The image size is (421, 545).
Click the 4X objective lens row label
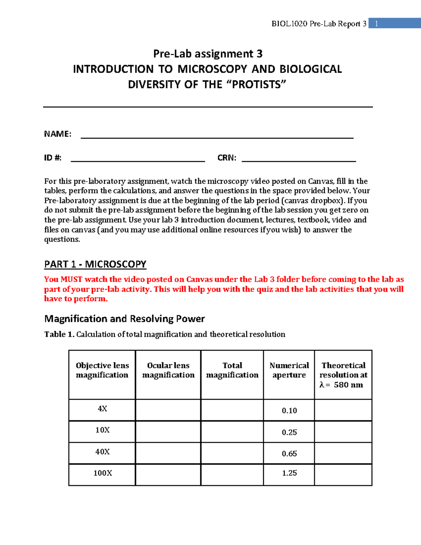tap(102, 408)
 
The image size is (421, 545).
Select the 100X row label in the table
tap(102, 473)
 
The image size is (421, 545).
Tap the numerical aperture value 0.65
tap(289, 453)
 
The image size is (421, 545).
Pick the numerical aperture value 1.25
tap(289, 473)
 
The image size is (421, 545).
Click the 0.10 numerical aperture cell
tap(289, 410)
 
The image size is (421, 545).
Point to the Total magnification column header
tap(232, 370)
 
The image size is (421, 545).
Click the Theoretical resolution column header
tap(343, 375)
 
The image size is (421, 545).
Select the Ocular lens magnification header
tap(168, 370)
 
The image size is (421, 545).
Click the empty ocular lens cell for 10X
tap(168, 432)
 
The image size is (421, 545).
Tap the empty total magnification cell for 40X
tap(232, 453)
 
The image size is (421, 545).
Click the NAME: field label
tap(58, 134)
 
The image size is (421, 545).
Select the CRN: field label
tap(227, 158)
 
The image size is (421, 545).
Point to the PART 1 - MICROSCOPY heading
tap(95, 264)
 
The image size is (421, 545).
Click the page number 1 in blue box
tap(376, 24)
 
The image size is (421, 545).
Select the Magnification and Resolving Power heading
tap(124, 319)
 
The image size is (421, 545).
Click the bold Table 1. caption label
tap(59, 334)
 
